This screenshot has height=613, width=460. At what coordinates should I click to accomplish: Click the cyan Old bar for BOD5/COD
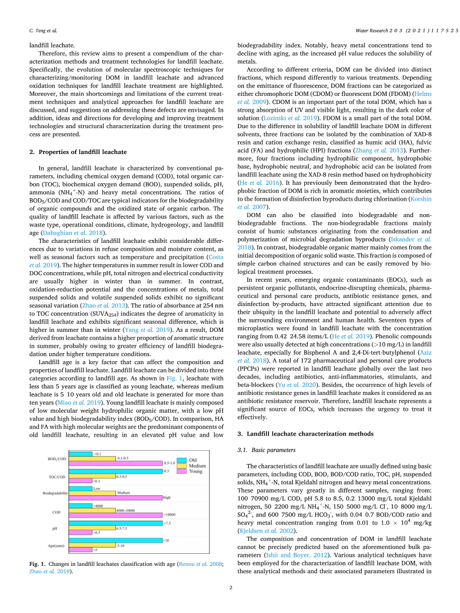80,454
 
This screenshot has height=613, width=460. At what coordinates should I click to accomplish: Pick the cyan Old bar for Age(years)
115,540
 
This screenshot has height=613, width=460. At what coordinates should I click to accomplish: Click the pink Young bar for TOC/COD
80,481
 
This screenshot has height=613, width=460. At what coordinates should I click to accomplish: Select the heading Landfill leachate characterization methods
305,434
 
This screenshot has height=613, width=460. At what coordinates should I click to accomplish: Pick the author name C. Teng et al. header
43,31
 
